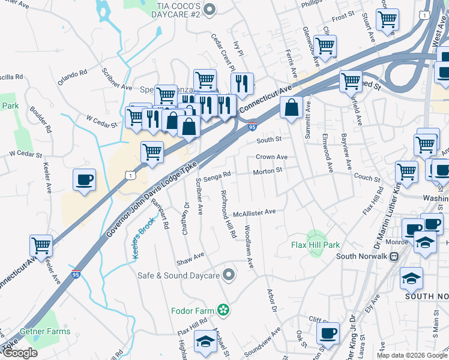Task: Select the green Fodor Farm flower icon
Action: pyautogui.click(x=223, y=310)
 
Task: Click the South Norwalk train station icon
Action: pyautogui.click(x=394, y=257)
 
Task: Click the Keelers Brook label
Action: pyautogui.click(x=144, y=238)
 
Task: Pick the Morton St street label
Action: pyautogui.click(x=268, y=170)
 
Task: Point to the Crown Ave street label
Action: pyautogui.click(x=271, y=157)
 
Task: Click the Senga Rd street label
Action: pyautogui.click(x=217, y=176)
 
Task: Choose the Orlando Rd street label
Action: pyautogui.click(x=73, y=76)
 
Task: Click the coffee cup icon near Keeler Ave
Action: pyautogui.click(x=83, y=179)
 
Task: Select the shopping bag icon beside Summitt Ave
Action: pyautogui.click(x=291, y=108)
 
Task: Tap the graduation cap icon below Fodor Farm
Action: pyautogui.click(x=205, y=341)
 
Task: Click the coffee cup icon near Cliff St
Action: pyautogui.click(x=328, y=333)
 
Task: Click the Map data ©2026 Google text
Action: pyautogui.click(x=412, y=355)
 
